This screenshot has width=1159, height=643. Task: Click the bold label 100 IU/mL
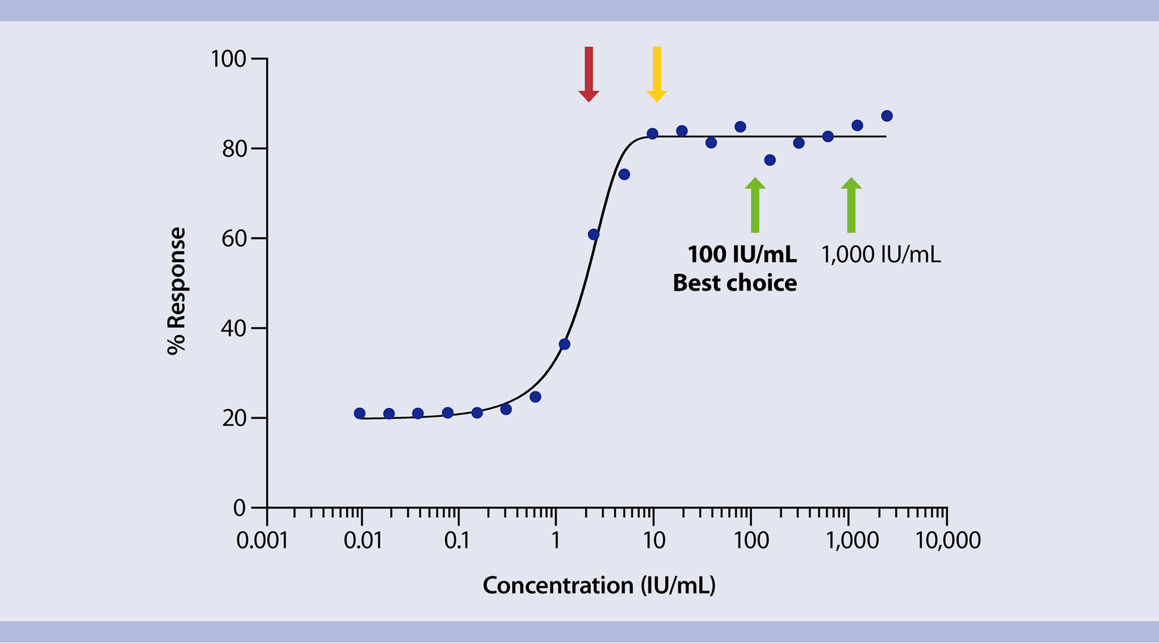tap(742, 255)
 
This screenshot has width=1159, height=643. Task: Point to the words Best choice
tap(735, 283)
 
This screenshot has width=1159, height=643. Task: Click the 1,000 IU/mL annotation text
tap(881, 255)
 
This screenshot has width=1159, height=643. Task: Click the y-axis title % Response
tap(176, 291)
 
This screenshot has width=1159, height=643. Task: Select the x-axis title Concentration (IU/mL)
tap(599, 585)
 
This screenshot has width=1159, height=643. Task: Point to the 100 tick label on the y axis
tap(229, 59)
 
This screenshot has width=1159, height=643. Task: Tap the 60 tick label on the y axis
tap(234, 238)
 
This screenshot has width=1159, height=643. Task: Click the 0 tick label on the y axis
tap(239, 508)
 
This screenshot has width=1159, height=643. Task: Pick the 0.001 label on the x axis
tap(262, 541)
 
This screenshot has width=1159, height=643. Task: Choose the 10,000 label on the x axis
tap(948, 541)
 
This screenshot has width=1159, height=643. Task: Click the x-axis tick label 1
tap(555, 541)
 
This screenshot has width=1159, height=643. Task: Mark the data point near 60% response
tap(593, 234)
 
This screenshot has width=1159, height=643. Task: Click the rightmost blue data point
tap(887, 116)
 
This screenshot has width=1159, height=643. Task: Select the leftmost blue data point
tap(359, 414)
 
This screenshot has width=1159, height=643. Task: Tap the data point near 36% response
tap(564, 344)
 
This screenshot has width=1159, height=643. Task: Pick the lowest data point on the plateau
tap(770, 160)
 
